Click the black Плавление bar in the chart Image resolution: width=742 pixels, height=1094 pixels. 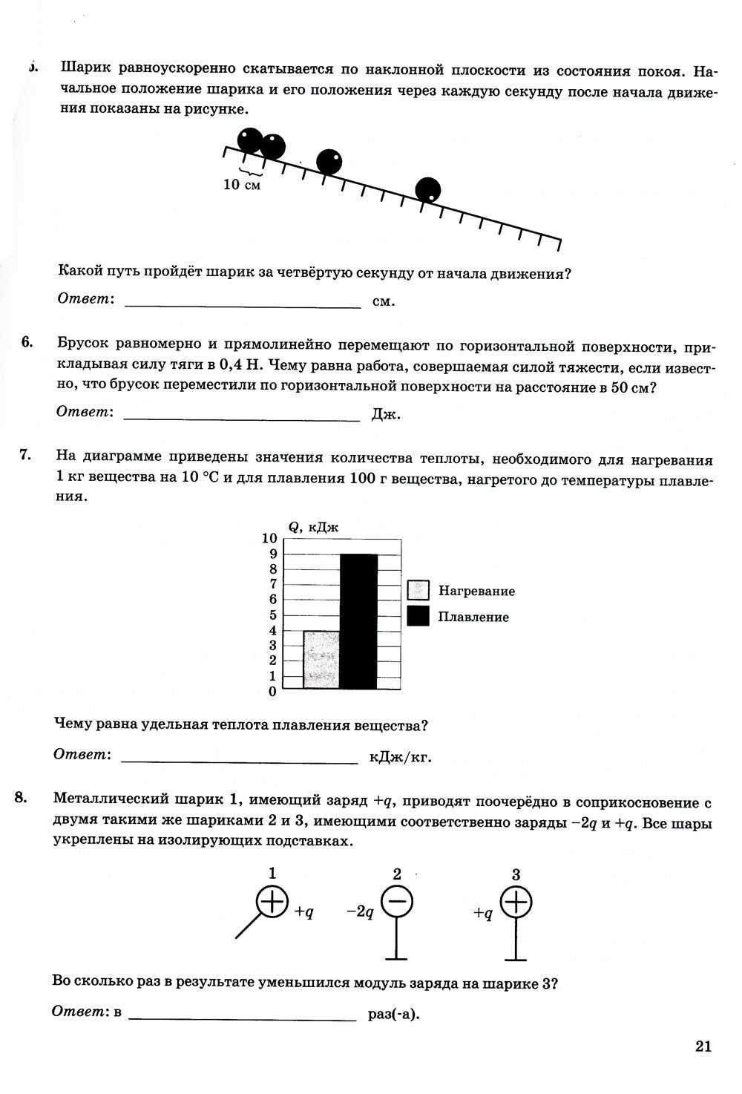(x=358, y=621)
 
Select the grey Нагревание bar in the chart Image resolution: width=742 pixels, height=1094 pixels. (x=321, y=660)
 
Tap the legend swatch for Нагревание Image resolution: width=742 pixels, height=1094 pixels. (x=418, y=591)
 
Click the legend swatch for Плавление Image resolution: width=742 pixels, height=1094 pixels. (x=418, y=616)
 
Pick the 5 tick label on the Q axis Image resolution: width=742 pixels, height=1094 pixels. (x=272, y=615)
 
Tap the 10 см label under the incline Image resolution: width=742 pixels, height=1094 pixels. (x=242, y=184)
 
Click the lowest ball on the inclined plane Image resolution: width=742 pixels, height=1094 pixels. (x=427, y=190)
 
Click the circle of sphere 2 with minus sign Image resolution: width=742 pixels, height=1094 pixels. (x=397, y=903)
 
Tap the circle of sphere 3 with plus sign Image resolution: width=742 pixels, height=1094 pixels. (x=517, y=903)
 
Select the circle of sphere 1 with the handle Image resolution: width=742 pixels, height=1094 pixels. (x=272, y=902)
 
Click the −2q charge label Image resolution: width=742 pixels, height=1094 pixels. (x=360, y=911)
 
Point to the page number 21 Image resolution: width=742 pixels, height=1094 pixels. (x=703, y=1046)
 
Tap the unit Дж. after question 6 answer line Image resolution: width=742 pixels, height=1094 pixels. (x=385, y=415)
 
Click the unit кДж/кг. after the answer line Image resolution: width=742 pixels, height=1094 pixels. (x=400, y=758)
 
